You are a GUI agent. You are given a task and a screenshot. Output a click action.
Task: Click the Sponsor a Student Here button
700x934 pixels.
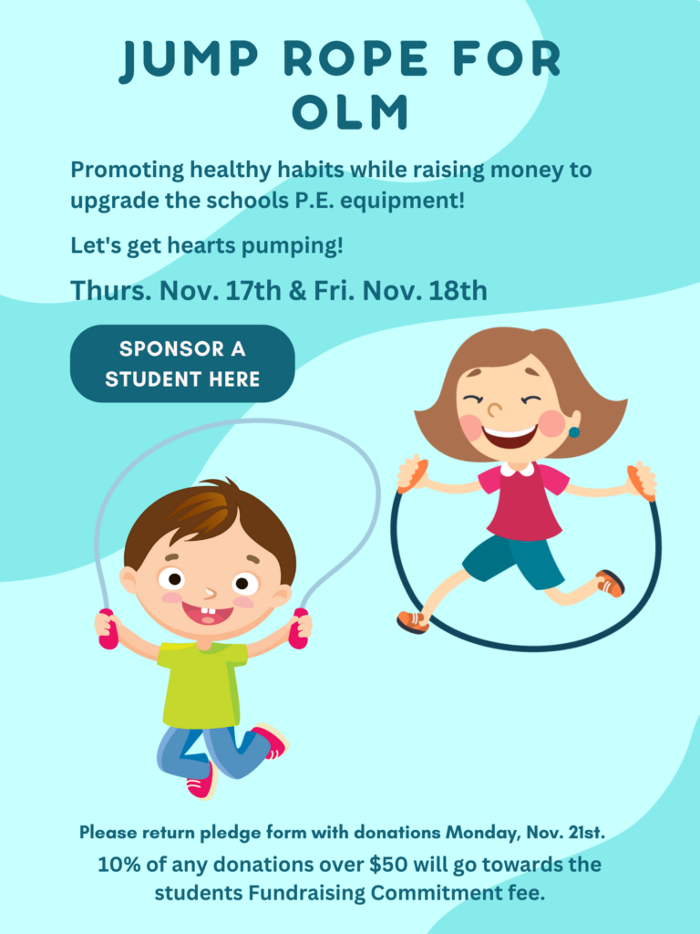pyautogui.click(x=182, y=363)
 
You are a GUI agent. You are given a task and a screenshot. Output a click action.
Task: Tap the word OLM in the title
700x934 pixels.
pyautogui.click(x=351, y=111)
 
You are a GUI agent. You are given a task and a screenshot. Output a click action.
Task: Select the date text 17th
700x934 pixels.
pyautogui.click(x=253, y=291)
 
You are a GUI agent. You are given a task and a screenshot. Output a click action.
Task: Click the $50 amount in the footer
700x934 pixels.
pyautogui.click(x=388, y=865)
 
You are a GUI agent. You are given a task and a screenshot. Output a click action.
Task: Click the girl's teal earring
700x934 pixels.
pyautogui.click(x=574, y=431)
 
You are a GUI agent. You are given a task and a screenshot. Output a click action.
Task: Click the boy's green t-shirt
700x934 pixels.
pyautogui.click(x=202, y=685)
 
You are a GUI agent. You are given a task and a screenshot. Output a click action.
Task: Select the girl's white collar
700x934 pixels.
pyautogui.click(x=518, y=470)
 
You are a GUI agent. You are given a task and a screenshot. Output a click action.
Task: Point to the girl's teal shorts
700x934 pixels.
pyautogui.click(x=513, y=561)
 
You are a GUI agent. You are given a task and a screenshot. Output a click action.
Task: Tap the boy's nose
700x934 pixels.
pyautogui.click(x=210, y=593)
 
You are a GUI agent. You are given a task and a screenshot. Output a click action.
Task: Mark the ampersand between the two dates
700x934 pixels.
pyautogui.click(x=298, y=291)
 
